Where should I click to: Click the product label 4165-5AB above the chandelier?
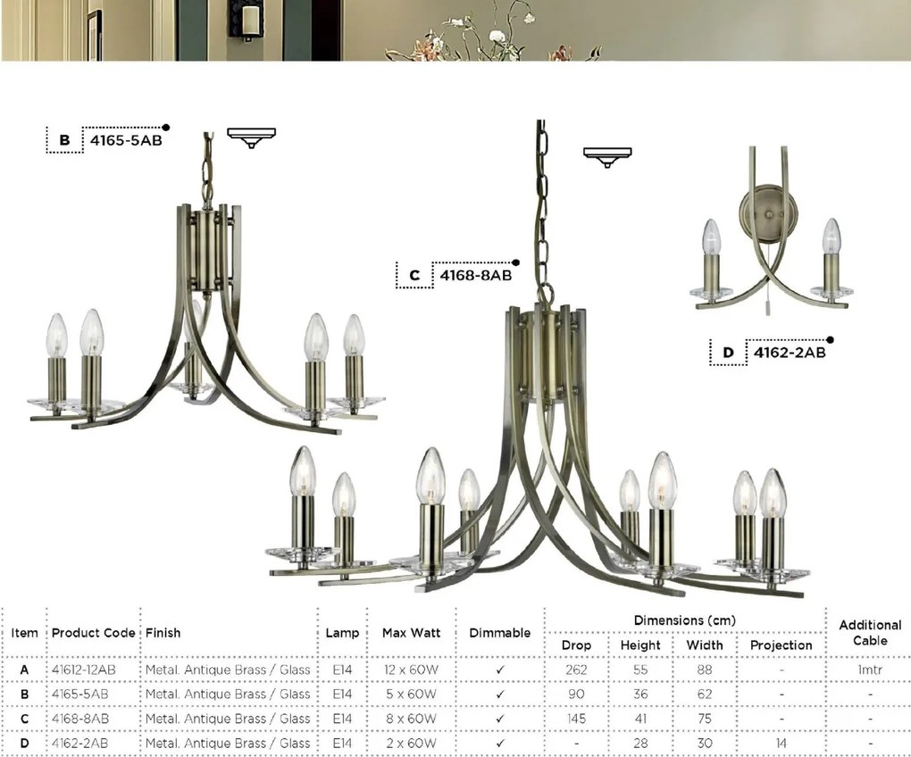point(126,139)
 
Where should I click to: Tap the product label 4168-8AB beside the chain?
point(475,275)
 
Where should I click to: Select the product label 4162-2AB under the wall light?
point(789,353)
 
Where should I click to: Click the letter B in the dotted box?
point(64,140)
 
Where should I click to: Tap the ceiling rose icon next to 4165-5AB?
point(251,137)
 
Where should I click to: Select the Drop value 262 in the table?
point(576,670)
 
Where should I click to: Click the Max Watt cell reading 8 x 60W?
point(411,718)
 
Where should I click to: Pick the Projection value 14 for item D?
point(781,743)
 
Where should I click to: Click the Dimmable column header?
point(500,633)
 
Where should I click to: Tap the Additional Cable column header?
point(869,633)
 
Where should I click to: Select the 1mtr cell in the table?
point(869,670)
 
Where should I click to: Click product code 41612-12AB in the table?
point(83,670)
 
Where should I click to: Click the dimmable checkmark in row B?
point(500,694)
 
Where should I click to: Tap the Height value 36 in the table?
point(640,694)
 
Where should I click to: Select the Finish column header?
point(163,633)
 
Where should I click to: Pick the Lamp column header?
point(343,633)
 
